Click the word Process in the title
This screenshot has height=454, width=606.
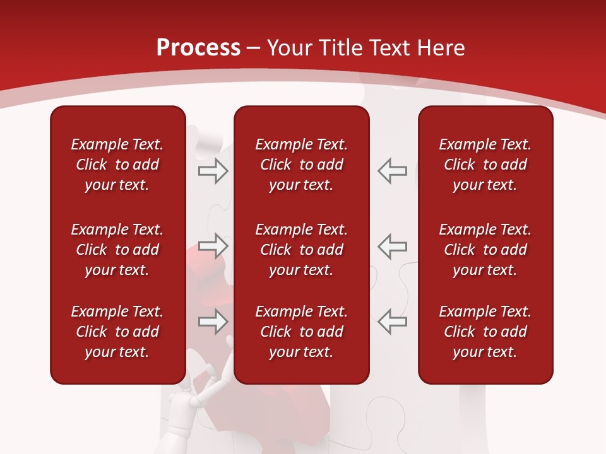click(x=198, y=48)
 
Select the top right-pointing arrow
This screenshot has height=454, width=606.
click(x=213, y=170)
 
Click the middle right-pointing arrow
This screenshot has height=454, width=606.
click(x=213, y=246)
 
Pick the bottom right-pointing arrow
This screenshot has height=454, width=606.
click(x=213, y=322)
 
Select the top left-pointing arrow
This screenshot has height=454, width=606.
click(x=393, y=170)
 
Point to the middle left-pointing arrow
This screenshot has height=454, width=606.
click(x=393, y=246)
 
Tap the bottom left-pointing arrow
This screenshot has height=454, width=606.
click(x=393, y=322)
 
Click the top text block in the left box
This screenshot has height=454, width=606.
click(x=117, y=165)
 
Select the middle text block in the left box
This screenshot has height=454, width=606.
click(x=117, y=250)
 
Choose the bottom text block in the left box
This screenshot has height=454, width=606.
click(x=117, y=332)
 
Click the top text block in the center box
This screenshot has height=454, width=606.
click(x=302, y=165)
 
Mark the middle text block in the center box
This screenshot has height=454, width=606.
click(x=302, y=250)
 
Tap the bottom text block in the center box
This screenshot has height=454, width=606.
click(x=302, y=332)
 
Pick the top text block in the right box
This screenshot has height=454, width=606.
click(x=485, y=165)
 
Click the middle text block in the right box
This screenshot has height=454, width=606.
click(x=485, y=250)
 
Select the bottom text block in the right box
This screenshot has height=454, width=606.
click(x=485, y=332)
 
